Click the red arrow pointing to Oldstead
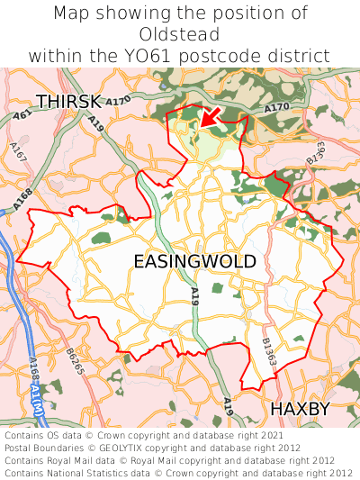[x=211, y=114]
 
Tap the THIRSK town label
[x=68, y=101]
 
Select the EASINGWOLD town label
[x=194, y=261]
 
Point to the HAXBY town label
[x=301, y=409]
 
